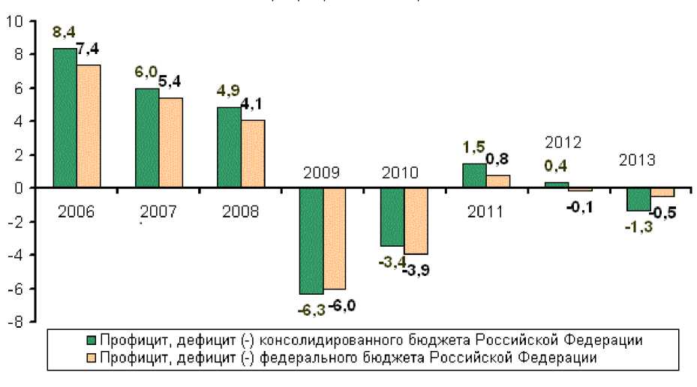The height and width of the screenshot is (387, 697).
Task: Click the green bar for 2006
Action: [65, 118]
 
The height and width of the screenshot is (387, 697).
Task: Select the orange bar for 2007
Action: [170, 142]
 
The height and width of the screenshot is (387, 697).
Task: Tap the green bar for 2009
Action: [311, 241]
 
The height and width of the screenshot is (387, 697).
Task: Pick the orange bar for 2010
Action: [416, 221]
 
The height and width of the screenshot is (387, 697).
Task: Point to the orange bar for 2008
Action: [253, 154]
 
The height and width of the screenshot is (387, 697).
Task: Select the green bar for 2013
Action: [638, 199]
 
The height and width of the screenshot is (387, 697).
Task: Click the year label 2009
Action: [321, 172]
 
